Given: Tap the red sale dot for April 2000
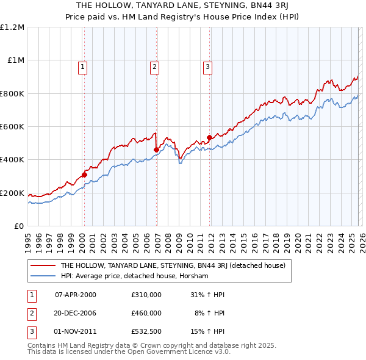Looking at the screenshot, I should tap(84, 175).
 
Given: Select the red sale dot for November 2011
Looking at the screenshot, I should tap(209, 138).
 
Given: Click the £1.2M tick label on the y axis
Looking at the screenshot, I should tap(12, 27).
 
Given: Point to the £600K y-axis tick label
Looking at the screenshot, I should tap(12, 127).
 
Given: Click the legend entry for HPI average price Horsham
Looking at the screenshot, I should tap(134, 276).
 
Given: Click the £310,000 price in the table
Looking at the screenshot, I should tap(146, 294).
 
